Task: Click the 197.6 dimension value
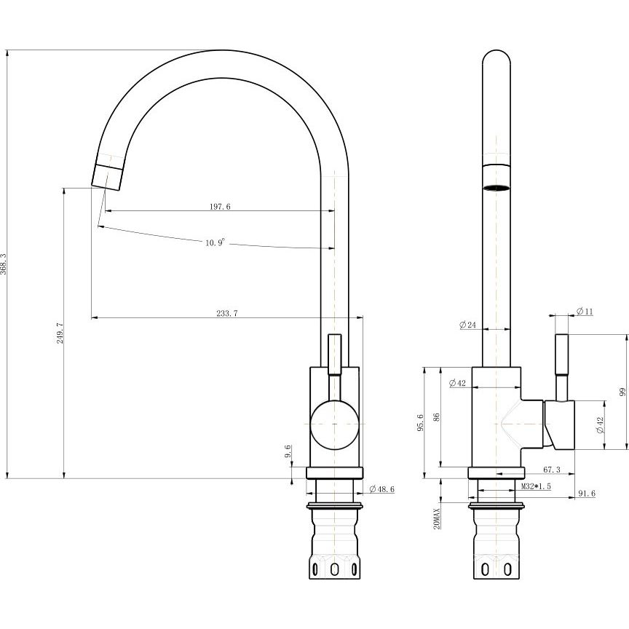point(221,207)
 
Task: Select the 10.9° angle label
point(215,242)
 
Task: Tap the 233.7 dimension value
point(227,313)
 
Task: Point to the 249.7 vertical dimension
point(60,333)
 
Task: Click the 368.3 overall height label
point(3,264)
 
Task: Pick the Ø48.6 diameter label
point(381,489)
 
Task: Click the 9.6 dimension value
point(288,451)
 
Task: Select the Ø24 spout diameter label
point(467,325)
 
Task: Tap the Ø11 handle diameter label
point(585,311)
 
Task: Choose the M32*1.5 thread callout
point(536,486)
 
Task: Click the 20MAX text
point(437,518)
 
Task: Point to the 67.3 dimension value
point(552,470)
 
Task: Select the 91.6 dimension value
point(587,494)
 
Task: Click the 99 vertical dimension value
point(622,391)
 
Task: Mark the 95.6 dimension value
point(420,422)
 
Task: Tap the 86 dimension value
point(437,417)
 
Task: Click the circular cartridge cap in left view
point(335,424)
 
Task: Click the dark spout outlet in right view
point(497,187)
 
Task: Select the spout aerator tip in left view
point(108,176)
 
